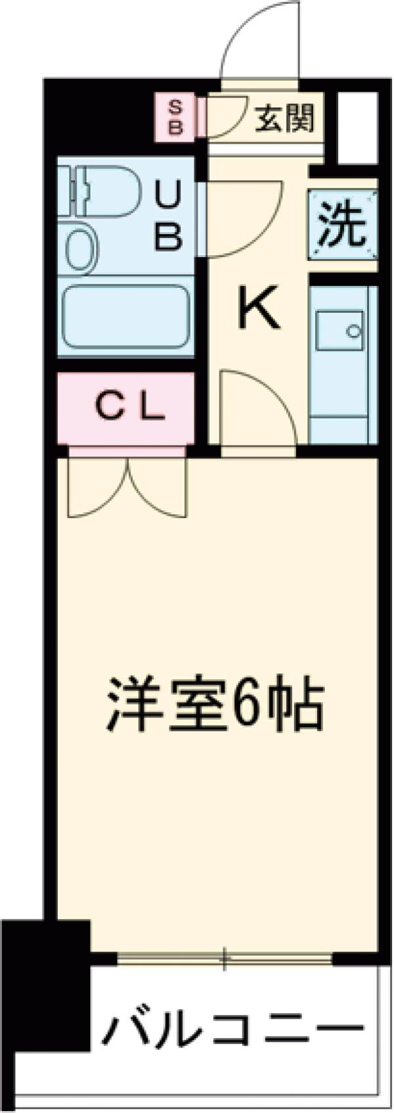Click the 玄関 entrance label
click(284, 119)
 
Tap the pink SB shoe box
click(175, 117)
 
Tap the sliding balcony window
click(225, 959)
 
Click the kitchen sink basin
click(339, 331)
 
